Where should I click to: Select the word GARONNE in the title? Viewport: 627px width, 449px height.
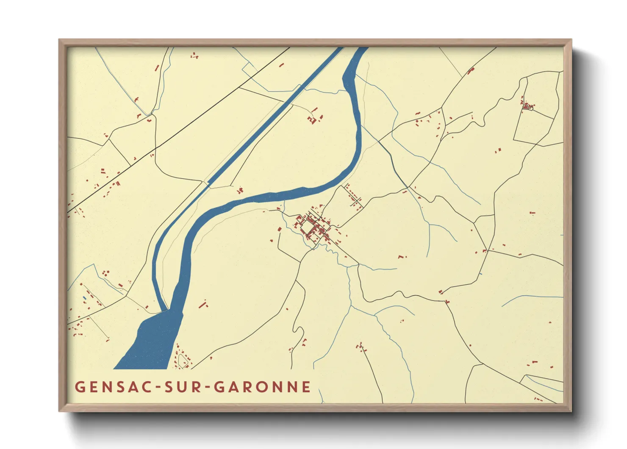click(262, 387)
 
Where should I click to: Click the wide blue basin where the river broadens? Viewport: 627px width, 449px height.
click(153, 340)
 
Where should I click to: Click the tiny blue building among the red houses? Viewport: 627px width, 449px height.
click(84, 298)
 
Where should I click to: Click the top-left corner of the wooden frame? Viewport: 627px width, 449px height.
click(60, 40)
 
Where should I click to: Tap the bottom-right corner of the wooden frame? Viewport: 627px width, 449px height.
click(571, 411)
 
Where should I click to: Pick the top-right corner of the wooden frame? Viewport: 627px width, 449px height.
click(571, 40)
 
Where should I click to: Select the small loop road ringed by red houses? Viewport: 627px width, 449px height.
click(183, 361)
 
